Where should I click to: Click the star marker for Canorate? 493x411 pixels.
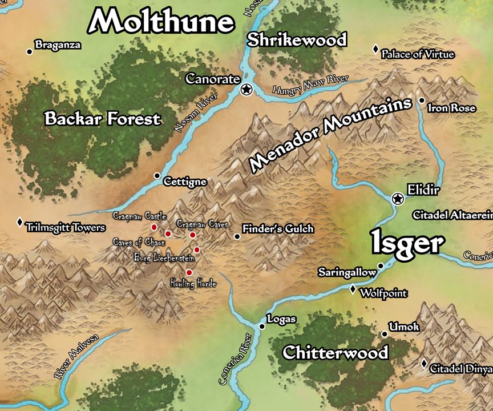[246, 90]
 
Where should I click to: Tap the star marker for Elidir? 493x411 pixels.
[398, 199]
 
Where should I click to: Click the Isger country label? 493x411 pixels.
[407, 243]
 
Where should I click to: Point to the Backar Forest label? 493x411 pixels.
[103, 119]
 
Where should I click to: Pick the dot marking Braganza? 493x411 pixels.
[29, 51]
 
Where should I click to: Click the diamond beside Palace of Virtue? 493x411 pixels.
[375, 50]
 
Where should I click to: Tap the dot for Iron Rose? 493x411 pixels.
[421, 100]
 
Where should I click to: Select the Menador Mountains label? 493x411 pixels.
[331, 135]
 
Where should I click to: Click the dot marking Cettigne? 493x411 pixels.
[157, 175]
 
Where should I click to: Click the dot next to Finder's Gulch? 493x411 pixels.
[237, 236]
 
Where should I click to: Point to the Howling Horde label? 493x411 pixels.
[193, 283]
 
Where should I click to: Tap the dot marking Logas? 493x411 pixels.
[262, 327]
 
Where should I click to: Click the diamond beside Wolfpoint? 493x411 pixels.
[353, 289]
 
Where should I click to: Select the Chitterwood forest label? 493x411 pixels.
[335, 352]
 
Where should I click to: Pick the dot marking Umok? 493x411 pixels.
[385, 334]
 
